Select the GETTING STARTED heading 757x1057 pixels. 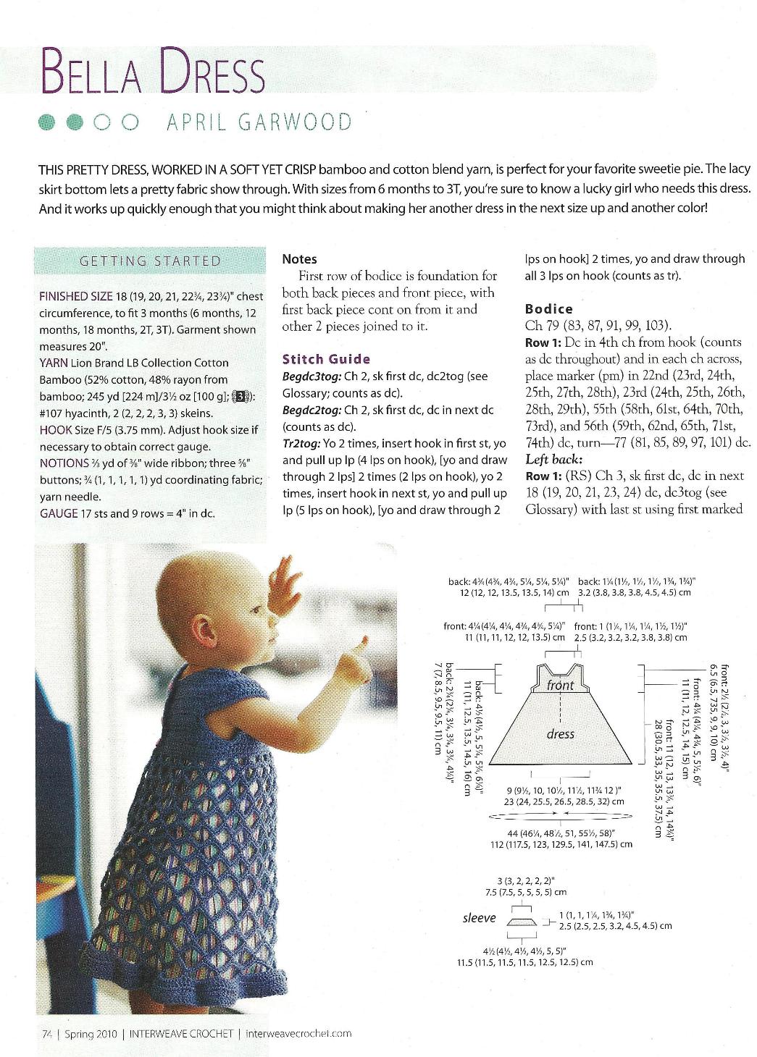[150, 261]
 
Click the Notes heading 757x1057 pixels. [299, 258]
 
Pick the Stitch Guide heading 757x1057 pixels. [326, 359]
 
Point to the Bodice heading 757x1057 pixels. [548, 308]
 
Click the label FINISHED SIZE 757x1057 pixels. [76, 296]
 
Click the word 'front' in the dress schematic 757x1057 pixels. [561, 685]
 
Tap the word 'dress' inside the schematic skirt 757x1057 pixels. [561, 734]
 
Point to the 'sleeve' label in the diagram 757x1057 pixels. [479, 918]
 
